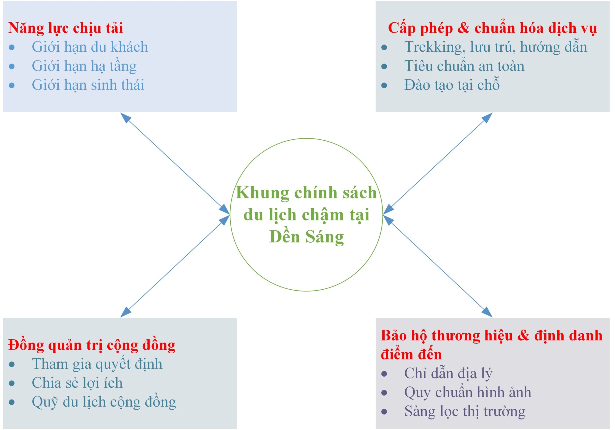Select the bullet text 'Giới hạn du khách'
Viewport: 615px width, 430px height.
tap(90, 47)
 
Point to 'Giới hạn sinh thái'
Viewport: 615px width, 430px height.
tap(88, 85)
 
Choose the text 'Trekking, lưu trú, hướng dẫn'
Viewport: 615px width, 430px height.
tap(496, 47)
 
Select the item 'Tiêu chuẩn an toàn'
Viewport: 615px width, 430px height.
tap(464, 66)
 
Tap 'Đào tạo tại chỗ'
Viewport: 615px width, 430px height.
tap(452, 84)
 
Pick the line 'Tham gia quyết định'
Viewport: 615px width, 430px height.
tap(97, 364)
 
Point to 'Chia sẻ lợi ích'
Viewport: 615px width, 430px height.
tap(77, 383)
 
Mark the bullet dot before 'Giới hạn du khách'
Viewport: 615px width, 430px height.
tap(12, 47)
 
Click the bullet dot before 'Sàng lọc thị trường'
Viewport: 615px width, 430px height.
tap(384, 411)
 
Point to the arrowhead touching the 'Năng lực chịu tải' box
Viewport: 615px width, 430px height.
tap(125, 117)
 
